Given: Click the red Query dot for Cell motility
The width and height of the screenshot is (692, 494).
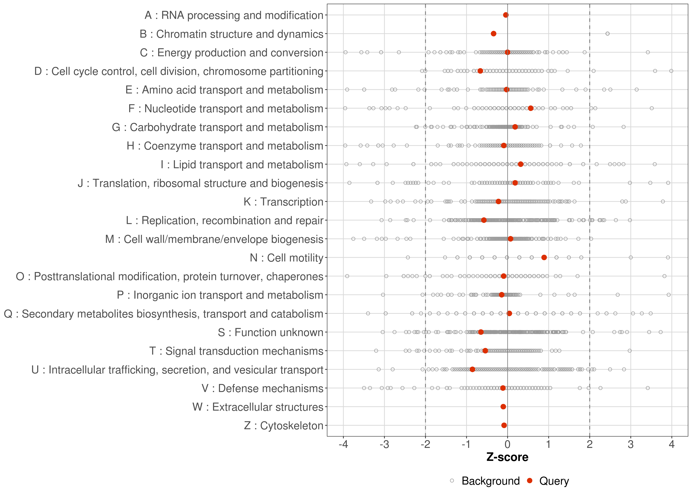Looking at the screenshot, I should pyautogui.click(x=544, y=257).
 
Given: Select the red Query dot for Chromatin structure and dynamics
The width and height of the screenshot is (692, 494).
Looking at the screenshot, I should pyautogui.click(x=494, y=33).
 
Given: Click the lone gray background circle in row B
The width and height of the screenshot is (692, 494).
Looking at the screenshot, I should pyautogui.click(x=607, y=33).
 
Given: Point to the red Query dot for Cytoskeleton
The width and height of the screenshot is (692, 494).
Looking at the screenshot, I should pyautogui.click(x=504, y=425).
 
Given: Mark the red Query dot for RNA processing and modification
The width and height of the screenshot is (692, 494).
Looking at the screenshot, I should pyautogui.click(x=506, y=15).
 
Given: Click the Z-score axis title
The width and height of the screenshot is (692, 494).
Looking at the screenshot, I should pyautogui.click(x=507, y=457).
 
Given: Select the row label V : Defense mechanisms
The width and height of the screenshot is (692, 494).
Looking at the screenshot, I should pyautogui.click(x=262, y=388).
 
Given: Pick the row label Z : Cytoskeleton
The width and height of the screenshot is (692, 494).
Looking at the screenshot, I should pyautogui.click(x=284, y=425).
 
